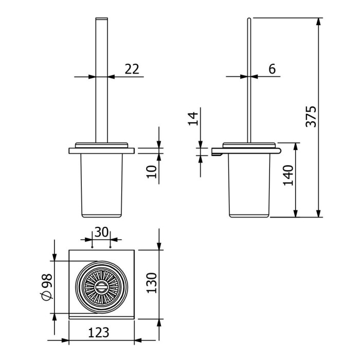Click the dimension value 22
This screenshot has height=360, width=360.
pyautogui.click(x=132, y=69)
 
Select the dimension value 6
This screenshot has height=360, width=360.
pyautogui.click(x=272, y=69)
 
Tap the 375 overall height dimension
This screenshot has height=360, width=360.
pyautogui.click(x=311, y=117)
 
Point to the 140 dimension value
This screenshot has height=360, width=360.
pyautogui.click(x=288, y=175)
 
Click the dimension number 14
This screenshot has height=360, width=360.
pyautogui.click(x=193, y=119)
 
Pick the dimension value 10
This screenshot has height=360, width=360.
pyautogui.click(x=152, y=172)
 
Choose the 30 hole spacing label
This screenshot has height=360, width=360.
pyautogui.click(x=101, y=232)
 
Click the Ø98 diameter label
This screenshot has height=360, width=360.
pyautogui.click(x=47, y=287)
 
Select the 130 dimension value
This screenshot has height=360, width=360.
pyautogui.click(x=152, y=283)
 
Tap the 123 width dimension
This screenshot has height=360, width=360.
pyautogui.click(x=99, y=332)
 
